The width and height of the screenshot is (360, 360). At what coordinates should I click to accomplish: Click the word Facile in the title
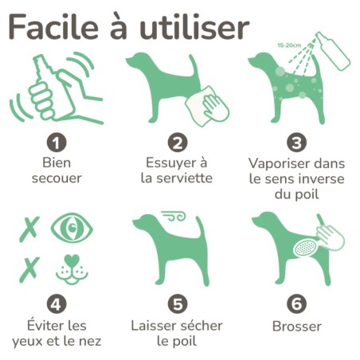click(53, 27)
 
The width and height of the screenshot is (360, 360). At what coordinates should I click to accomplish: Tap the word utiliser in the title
click(194, 27)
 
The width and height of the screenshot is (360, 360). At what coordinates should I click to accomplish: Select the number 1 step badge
click(57, 143)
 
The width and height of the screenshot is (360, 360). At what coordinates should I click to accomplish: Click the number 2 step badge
click(178, 143)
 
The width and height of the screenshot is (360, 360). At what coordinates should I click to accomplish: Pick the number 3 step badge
click(296, 143)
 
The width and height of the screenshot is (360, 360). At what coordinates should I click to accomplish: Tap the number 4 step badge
click(57, 304)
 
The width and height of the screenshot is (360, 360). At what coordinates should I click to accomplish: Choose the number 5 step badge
click(178, 304)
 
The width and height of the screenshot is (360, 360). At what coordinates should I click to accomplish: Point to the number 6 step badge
click(296, 304)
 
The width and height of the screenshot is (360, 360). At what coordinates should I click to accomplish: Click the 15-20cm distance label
click(289, 45)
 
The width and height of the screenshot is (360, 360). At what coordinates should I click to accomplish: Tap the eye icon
click(72, 228)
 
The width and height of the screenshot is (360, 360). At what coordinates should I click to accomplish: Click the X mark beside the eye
click(29, 229)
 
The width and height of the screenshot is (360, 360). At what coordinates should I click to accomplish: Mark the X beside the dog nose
click(29, 269)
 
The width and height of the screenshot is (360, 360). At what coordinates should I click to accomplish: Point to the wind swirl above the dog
click(174, 216)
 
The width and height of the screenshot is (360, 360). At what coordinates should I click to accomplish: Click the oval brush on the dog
click(305, 247)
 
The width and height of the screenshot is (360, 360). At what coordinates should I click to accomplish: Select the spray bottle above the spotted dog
click(332, 51)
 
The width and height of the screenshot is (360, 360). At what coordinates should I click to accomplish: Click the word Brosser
click(297, 327)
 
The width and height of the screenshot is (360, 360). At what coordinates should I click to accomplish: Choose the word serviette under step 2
click(184, 178)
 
